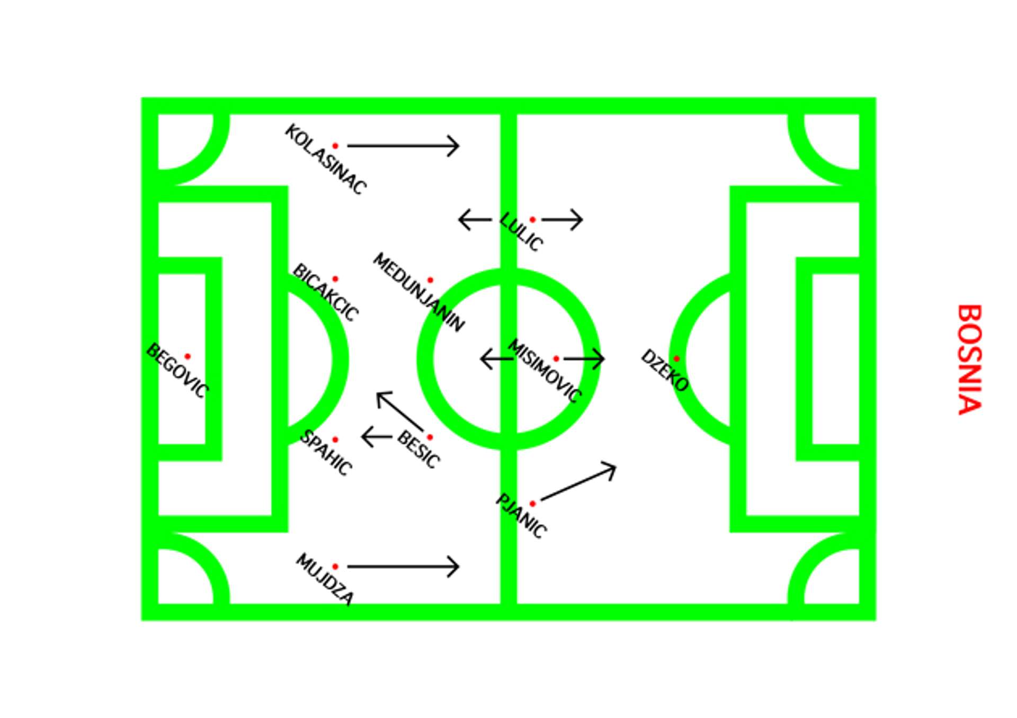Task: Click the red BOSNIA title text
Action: pos(970,359)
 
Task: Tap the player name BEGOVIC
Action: pos(177,371)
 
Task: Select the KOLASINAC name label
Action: pos(325,159)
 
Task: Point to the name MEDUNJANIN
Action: pos(418,292)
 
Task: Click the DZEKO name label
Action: pos(664,371)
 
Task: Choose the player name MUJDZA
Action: pos(324,579)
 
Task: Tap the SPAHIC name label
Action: pos(326,453)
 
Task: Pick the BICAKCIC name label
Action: pos(325,292)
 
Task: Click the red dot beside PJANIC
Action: pos(532,504)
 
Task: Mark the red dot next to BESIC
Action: pos(430,437)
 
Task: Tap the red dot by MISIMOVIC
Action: pos(556,358)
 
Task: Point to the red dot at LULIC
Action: pos(532,219)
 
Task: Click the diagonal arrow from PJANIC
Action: pos(578,482)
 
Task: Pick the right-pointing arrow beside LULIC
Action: pos(563,219)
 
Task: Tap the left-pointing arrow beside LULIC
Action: pos(475,219)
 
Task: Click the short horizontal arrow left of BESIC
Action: pos(377,437)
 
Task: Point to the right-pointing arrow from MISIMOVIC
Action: pos(584,358)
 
